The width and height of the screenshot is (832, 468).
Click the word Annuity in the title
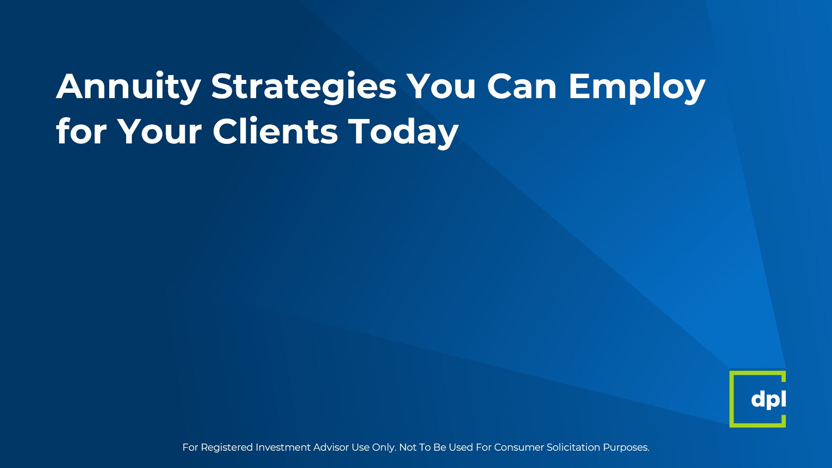click(128, 87)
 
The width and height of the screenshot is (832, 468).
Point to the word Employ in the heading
click(637, 87)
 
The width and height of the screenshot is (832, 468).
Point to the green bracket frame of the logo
click(732, 399)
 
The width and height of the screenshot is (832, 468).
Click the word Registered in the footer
click(227, 448)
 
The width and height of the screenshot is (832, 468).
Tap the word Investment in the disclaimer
click(283, 447)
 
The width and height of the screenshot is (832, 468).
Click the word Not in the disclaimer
click(408, 447)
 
